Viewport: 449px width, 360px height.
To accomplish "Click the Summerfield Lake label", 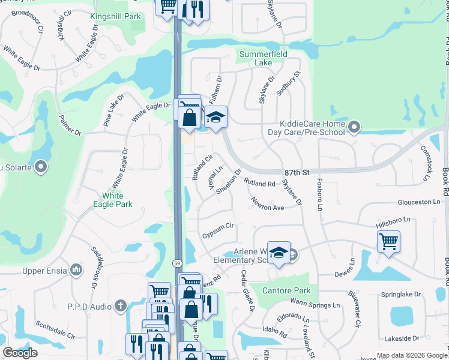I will (x=264, y=58).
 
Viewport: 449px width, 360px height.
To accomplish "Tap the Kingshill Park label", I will (x=116, y=16).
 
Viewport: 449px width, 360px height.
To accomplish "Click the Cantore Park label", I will (x=285, y=291).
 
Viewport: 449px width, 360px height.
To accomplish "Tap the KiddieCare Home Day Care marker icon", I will (x=354, y=127).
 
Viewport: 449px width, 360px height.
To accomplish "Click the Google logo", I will (x=20, y=353).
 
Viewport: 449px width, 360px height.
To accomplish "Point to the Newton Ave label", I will (x=267, y=203).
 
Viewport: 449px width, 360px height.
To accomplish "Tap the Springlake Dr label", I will (x=402, y=295).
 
